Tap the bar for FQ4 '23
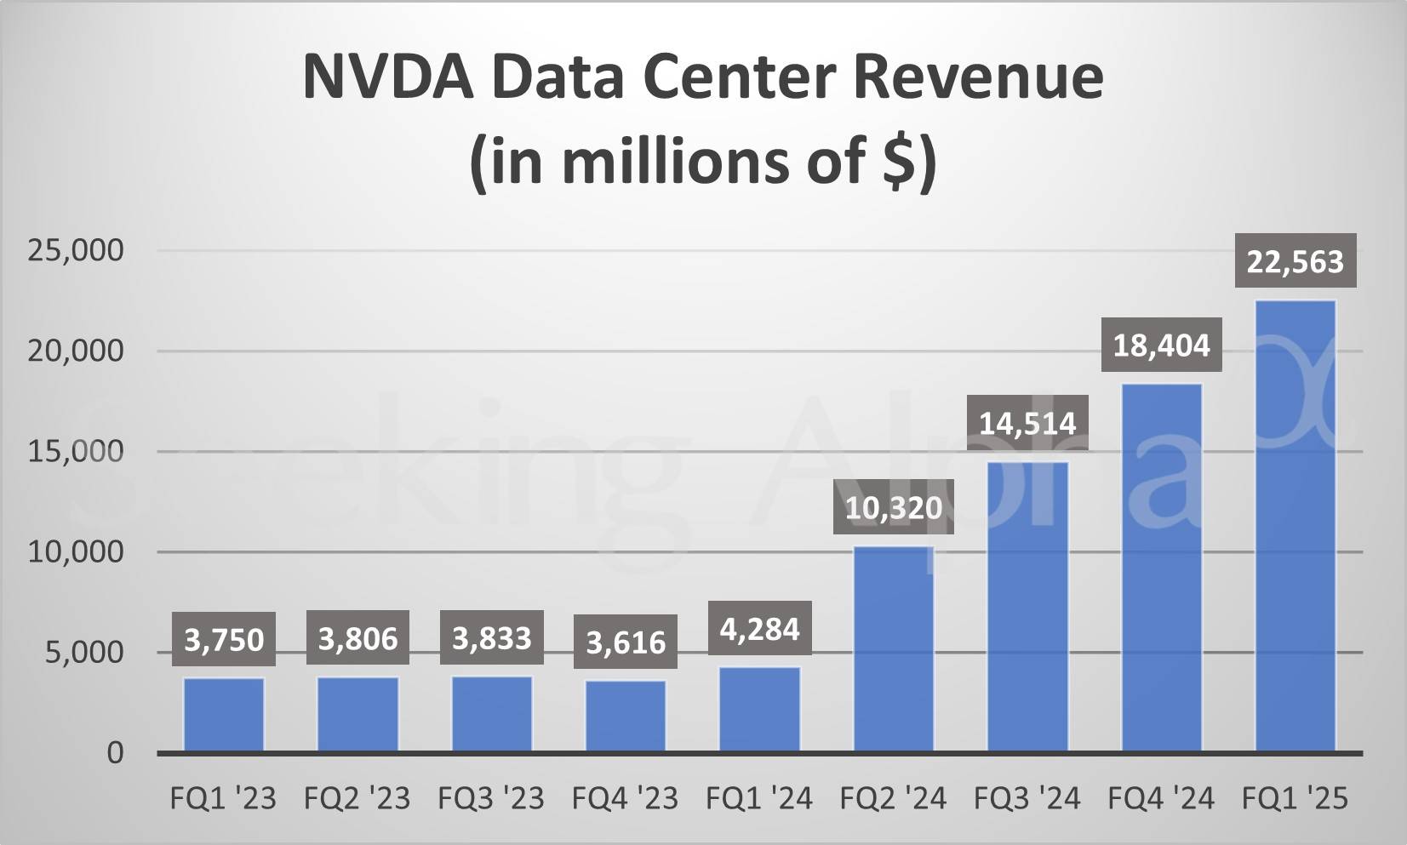pos(626,716)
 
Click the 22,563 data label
pos(1295,261)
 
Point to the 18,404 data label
pos(1161,345)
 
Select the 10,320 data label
pos(894,508)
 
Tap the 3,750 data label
pos(224,639)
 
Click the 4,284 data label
pos(759,629)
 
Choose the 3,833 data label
pos(491,638)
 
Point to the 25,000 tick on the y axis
pos(76,250)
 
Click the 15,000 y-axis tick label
pos(76,451)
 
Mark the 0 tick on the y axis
pos(115,753)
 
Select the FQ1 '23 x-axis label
pos(223,798)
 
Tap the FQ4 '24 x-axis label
pos(1161,798)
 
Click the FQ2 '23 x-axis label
pos(357,798)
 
